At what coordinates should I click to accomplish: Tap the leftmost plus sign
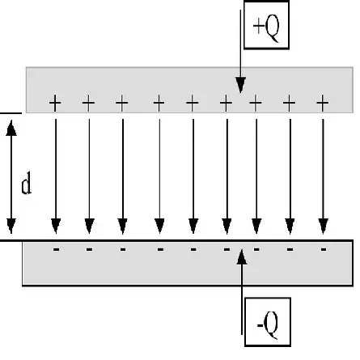pos(56,104)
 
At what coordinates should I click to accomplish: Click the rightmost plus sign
pos(323,104)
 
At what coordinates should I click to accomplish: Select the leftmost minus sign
pos(56,249)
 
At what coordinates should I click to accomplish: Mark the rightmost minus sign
pos(323,249)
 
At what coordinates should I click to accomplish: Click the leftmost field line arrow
pos(56,174)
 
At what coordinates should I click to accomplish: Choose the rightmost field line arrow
pos(323,174)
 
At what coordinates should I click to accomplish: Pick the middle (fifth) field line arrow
pos(193,174)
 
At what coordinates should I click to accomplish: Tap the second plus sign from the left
pos(89,104)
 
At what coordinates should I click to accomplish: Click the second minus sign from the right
pos(290,249)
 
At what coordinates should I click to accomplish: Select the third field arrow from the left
pos(122,174)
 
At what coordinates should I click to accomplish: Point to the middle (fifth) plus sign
pos(193,104)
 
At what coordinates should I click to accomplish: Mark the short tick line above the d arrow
pos(11,112)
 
